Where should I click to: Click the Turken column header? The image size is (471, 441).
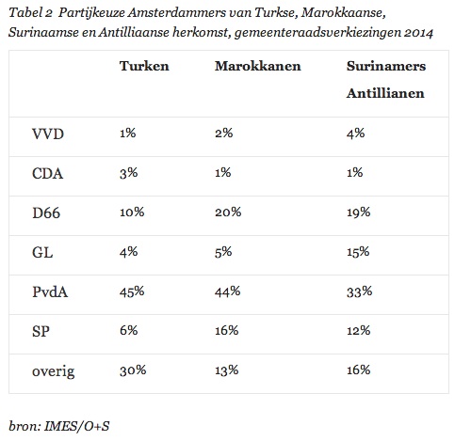click(x=144, y=66)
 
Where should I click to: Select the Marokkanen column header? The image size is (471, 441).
click(x=258, y=66)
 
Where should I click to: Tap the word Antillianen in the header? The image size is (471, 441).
click(x=385, y=93)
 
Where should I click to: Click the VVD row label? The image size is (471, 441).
click(x=48, y=134)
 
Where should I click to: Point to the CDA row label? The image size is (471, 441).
click(x=47, y=173)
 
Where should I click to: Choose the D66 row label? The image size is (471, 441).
click(x=46, y=213)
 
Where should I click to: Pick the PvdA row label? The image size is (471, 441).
click(x=50, y=291)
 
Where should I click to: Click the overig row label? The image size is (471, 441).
click(x=54, y=371)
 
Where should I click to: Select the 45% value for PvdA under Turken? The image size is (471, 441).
click(x=132, y=291)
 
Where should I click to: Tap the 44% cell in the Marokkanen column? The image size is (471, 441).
click(x=228, y=291)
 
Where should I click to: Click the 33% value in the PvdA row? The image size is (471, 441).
click(x=359, y=291)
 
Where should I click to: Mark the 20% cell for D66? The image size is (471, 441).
click(x=228, y=213)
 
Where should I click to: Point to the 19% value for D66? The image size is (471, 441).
click(x=358, y=213)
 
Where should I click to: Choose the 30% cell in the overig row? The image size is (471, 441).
click(x=133, y=370)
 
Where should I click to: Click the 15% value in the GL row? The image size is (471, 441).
click(x=358, y=252)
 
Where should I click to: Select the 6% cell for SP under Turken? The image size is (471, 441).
click(x=128, y=331)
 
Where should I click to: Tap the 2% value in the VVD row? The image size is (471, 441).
click(x=224, y=134)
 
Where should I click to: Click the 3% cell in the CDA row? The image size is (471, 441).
click(x=128, y=173)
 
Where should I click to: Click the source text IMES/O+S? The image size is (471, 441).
click(x=76, y=426)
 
